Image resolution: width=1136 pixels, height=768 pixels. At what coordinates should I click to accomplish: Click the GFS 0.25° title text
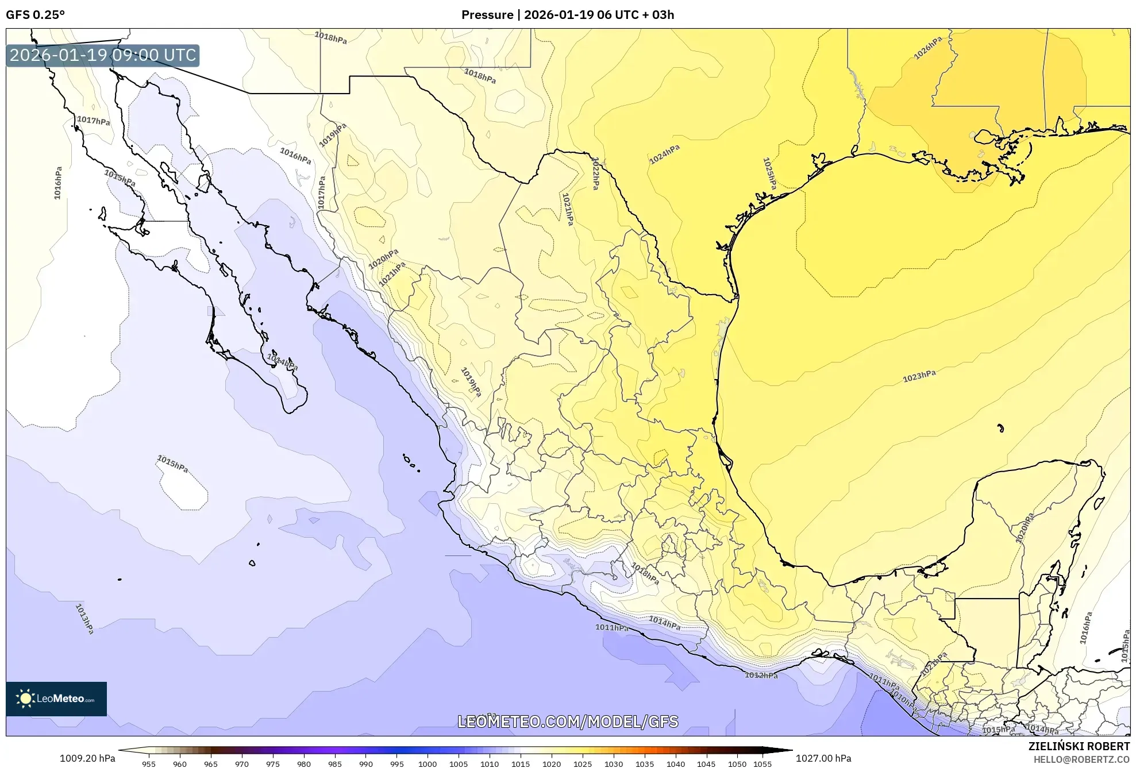(x=35, y=15)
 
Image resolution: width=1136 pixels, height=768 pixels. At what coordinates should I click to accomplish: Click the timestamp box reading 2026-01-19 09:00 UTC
(x=103, y=56)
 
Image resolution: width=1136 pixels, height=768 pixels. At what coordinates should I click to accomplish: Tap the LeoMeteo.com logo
(x=56, y=698)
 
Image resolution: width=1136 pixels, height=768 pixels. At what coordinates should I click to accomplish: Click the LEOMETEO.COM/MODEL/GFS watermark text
(x=568, y=721)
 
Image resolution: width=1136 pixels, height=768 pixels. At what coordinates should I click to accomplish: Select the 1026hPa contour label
(x=927, y=48)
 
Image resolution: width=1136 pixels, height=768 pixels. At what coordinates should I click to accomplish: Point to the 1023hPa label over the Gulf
(x=919, y=377)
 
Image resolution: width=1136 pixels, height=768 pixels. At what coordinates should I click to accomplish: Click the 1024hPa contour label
(x=664, y=155)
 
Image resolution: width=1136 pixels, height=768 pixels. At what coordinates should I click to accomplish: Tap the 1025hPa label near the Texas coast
(x=769, y=173)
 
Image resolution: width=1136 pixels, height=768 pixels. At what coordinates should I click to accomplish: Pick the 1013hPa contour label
(x=84, y=619)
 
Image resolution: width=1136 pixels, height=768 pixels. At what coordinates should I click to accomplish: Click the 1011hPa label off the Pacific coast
(x=611, y=627)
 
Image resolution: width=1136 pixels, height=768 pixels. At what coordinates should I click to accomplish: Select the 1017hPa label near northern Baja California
(x=93, y=121)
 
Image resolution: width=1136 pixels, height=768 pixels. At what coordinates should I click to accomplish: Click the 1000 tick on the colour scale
(x=428, y=764)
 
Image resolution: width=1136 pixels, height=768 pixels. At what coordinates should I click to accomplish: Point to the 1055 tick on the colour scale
(x=763, y=764)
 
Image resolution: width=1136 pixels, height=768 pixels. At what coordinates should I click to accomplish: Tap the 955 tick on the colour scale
(x=149, y=764)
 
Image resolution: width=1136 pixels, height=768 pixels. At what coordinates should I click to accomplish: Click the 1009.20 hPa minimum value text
(x=87, y=758)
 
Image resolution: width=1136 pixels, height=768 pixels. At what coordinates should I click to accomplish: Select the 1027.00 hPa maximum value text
(x=823, y=758)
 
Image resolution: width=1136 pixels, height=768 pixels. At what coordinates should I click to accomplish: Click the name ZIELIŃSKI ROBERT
(x=1079, y=746)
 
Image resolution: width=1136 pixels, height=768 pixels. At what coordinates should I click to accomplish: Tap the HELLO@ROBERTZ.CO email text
(x=1081, y=759)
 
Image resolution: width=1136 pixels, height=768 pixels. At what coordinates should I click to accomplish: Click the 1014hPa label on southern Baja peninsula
(x=282, y=362)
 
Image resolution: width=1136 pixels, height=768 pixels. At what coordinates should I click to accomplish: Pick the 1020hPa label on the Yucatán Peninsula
(x=1025, y=528)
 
